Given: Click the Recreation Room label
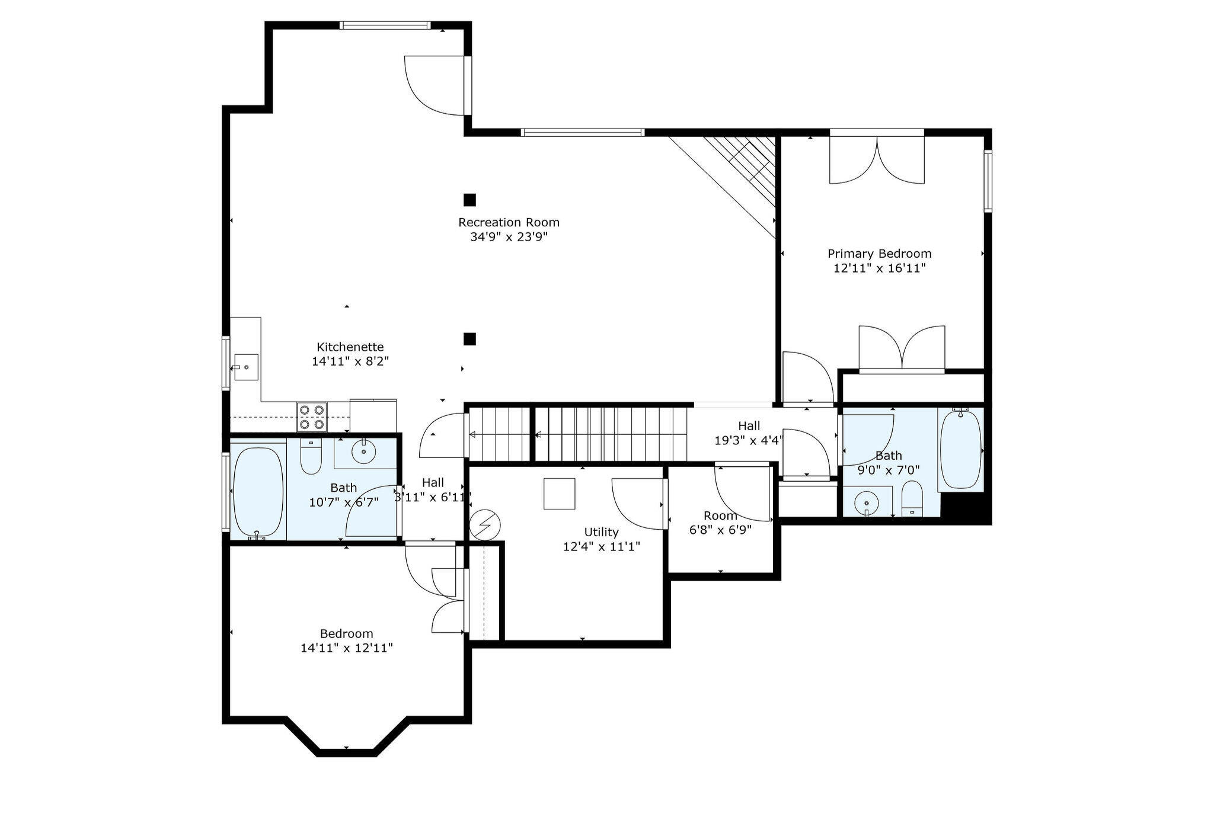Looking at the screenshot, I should (509, 223).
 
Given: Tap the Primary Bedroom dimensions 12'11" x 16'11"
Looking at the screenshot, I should (879, 268).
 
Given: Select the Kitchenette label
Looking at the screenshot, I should (350, 347).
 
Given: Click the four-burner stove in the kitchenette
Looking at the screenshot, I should (312, 417).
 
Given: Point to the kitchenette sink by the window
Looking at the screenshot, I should (245, 367).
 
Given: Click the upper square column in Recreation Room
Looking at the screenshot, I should (469, 200).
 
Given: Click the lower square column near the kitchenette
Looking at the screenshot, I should (469, 339).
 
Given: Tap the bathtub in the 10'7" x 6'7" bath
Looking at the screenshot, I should (258, 492).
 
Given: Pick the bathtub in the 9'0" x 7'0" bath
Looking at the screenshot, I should (960, 448).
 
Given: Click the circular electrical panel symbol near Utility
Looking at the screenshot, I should (485, 525).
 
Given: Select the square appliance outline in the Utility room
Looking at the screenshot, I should (560, 494).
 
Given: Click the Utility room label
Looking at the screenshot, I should (601, 532).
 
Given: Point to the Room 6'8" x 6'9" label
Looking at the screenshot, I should (720, 516).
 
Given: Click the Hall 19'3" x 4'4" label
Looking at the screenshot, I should (749, 426).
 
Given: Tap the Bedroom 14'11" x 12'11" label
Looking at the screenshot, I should (346, 634).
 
